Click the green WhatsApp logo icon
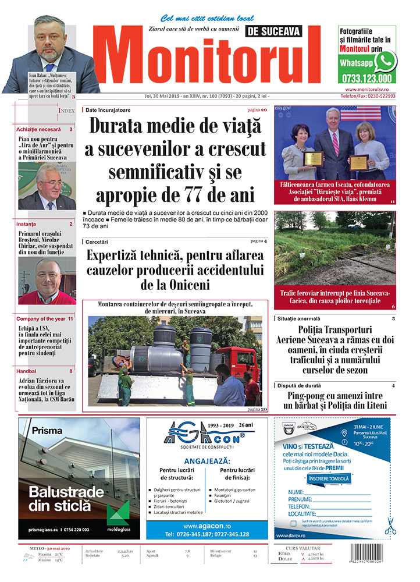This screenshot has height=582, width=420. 385,61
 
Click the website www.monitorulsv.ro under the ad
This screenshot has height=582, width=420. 371,90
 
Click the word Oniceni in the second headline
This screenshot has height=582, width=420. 186,285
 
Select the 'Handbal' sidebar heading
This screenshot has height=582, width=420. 27,371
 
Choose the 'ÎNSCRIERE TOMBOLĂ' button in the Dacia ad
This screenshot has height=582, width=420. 329,478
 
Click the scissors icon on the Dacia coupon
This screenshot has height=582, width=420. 390,526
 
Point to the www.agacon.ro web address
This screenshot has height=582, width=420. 207,526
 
